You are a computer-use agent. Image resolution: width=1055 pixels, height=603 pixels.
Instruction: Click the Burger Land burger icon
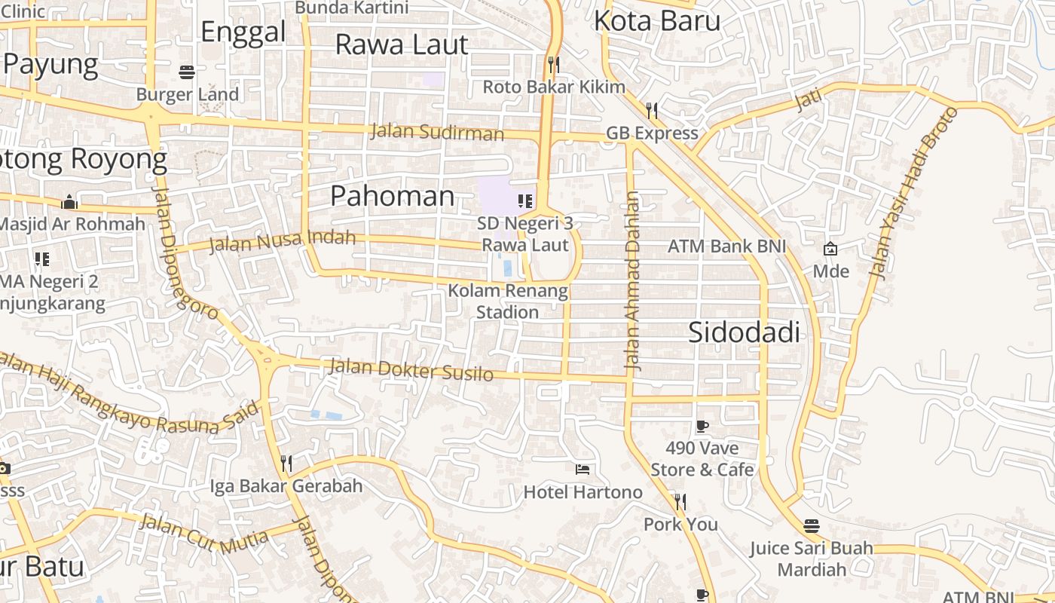(188, 72)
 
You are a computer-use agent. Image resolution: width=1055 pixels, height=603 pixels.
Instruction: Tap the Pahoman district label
(393, 196)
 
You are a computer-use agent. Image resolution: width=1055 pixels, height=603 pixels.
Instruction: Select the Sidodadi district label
(744, 332)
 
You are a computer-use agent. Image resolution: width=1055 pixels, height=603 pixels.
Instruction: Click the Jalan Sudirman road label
(437, 133)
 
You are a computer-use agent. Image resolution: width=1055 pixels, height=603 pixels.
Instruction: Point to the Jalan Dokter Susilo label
(411, 370)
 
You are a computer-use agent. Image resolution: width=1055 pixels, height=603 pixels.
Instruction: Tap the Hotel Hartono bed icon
(583, 469)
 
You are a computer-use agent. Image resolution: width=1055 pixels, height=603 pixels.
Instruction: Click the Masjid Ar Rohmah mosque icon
(69, 202)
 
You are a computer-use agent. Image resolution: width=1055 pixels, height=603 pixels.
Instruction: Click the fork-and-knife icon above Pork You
(680, 501)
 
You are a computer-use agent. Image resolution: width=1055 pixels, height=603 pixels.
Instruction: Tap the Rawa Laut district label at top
(402, 44)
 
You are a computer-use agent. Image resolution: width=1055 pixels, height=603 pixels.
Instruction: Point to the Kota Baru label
(657, 20)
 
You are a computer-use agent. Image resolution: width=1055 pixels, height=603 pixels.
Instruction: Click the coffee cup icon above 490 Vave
(702, 427)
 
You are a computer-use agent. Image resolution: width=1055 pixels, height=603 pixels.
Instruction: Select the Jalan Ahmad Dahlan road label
(633, 281)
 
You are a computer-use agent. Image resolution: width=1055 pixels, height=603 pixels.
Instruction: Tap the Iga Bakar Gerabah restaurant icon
(286, 463)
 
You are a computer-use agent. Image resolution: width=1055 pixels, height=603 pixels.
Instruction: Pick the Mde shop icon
(830, 248)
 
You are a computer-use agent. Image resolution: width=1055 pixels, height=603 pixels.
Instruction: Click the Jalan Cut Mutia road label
(203, 530)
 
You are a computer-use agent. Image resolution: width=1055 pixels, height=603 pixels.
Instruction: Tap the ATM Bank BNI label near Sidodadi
(726, 246)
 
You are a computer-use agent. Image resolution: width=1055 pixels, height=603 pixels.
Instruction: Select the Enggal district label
(243, 32)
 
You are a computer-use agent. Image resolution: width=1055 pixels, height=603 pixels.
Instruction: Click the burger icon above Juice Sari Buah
(812, 525)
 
